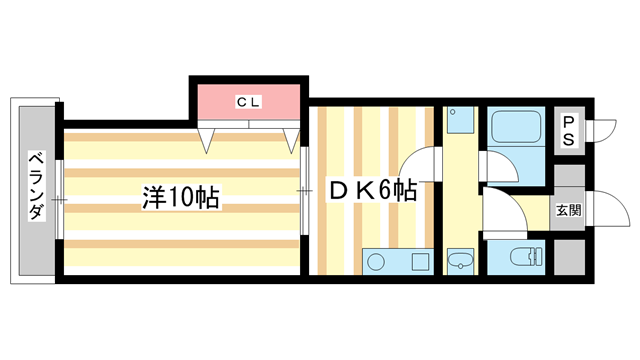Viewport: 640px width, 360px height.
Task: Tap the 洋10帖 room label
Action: coord(180,197)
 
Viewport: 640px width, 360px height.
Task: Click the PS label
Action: coord(567,131)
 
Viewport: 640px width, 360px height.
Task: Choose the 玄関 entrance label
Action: coord(568,211)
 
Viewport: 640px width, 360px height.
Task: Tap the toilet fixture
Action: coord(519,258)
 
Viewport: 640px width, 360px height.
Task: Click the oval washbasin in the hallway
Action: coord(459,262)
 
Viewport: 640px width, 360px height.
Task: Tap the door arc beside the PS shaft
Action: coord(603,131)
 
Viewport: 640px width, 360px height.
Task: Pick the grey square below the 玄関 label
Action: coord(568,255)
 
